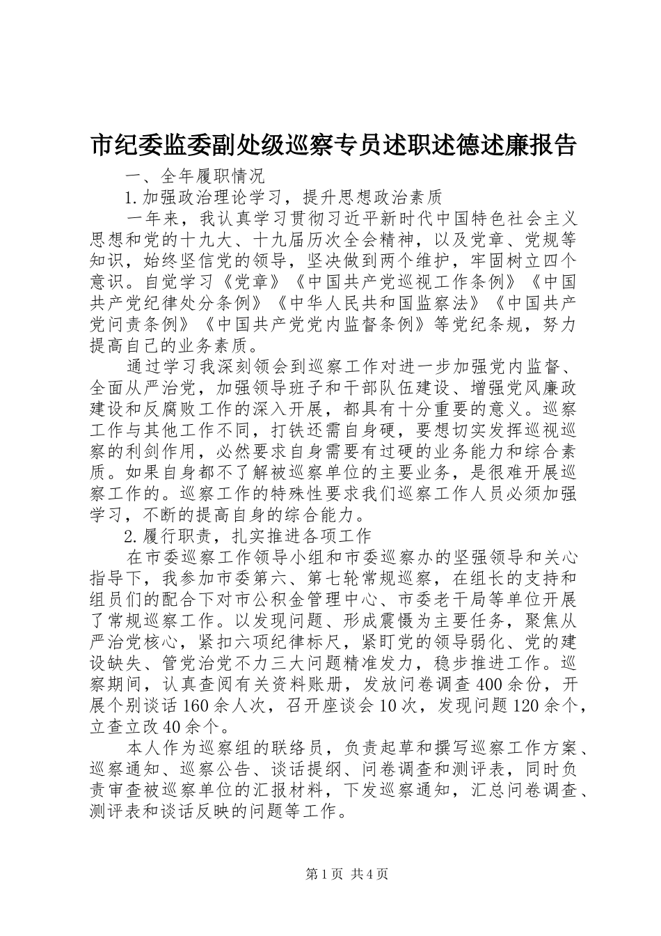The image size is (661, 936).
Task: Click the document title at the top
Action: coord(333,146)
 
